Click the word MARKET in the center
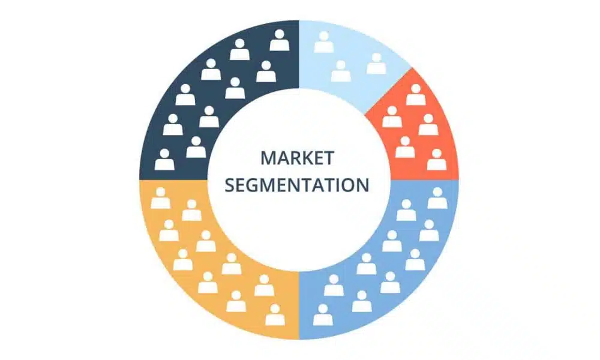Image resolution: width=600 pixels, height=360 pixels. click(x=297, y=158)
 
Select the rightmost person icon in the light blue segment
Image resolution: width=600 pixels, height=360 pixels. click(x=376, y=64)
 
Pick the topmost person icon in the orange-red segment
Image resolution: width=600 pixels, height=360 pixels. click(x=416, y=95)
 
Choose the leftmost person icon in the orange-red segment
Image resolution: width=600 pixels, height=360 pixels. click(x=392, y=117)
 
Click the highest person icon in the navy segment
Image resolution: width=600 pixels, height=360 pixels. click(x=278, y=41)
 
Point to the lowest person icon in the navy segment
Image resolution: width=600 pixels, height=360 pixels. click(x=164, y=160)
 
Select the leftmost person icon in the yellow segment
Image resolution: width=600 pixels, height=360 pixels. click(x=160, y=198)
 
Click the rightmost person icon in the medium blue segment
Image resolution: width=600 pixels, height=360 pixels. click(x=437, y=199)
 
